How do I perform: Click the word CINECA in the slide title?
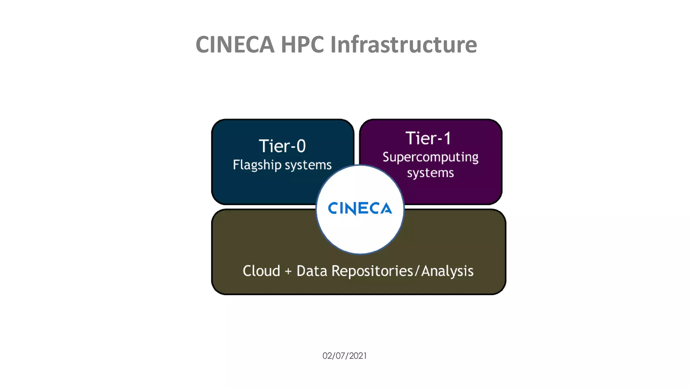(x=235, y=44)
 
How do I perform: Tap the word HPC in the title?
(x=302, y=44)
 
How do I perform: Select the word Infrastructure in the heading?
(x=404, y=44)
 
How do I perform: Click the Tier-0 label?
(x=282, y=146)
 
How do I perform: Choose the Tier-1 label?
(x=428, y=138)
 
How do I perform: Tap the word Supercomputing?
(x=431, y=157)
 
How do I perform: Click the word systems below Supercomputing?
(x=431, y=173)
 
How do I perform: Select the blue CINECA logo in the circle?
(x=360, y=208)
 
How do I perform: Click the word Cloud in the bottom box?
(x=261, y=271)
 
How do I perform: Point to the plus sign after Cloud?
(x=288, y=271)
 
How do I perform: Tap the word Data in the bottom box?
(x=312, y=271)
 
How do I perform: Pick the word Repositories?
(x=372, y=271)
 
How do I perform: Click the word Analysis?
(x=447, y=271)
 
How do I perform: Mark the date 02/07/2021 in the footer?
(x=345, y=356)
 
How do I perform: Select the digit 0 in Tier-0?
(x=301, y=146)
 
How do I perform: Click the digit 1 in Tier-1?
(x=447, y=138)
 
